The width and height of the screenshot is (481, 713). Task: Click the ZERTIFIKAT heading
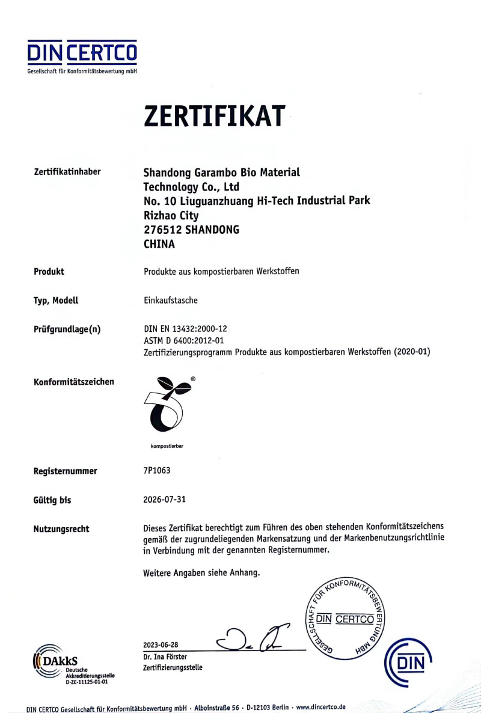213,115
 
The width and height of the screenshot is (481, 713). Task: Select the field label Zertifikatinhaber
67,173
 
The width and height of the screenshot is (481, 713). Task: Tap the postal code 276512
162,230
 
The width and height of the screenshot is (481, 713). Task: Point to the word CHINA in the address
159,244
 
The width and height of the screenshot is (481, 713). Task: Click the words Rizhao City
171,215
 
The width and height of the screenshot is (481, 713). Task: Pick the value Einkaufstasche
170,300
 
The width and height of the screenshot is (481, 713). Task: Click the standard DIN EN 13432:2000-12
185,329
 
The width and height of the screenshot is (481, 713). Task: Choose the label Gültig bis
52,500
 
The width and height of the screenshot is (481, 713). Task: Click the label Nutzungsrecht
62,529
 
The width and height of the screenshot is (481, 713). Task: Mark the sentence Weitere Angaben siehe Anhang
201,573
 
